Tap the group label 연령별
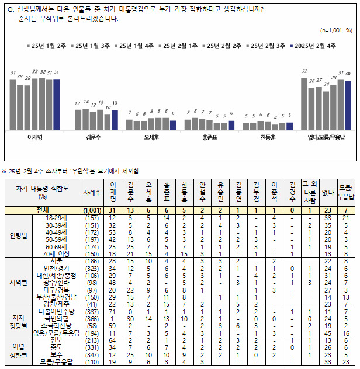tap(19, 236)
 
